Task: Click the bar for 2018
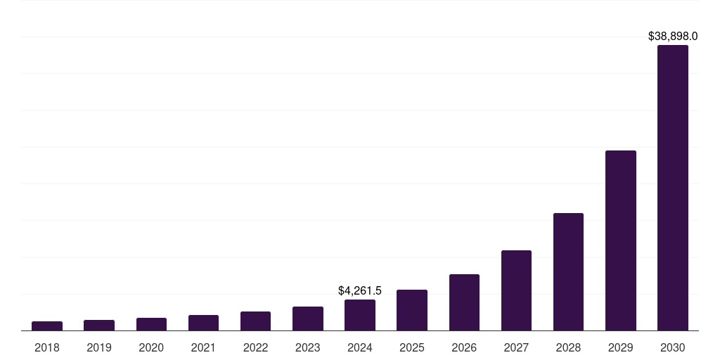(47, 326)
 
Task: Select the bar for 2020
(151, 324)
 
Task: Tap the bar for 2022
(255, 321)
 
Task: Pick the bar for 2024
(360, 315)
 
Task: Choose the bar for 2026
(464, 302)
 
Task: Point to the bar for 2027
(516, 290)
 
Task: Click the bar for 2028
(568, 271)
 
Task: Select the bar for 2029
(620, 240)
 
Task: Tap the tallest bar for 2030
(673, 188)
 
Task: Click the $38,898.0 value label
(673, 36)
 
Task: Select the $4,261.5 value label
(360, 290)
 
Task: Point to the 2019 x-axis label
(99, 347)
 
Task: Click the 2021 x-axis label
(203, 347)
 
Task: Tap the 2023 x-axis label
(308, 347)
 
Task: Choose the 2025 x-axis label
(412, 347)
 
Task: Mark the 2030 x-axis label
(673, 347)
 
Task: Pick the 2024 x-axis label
(360, 347)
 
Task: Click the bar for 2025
(412, 310)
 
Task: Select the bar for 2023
(308, 319)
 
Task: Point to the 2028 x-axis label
(568, 347)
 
